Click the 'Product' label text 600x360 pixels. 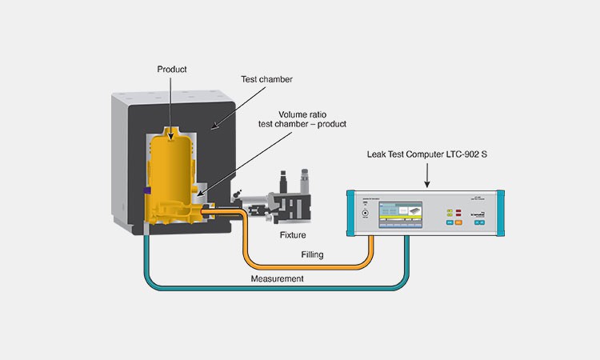pos(172,70)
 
